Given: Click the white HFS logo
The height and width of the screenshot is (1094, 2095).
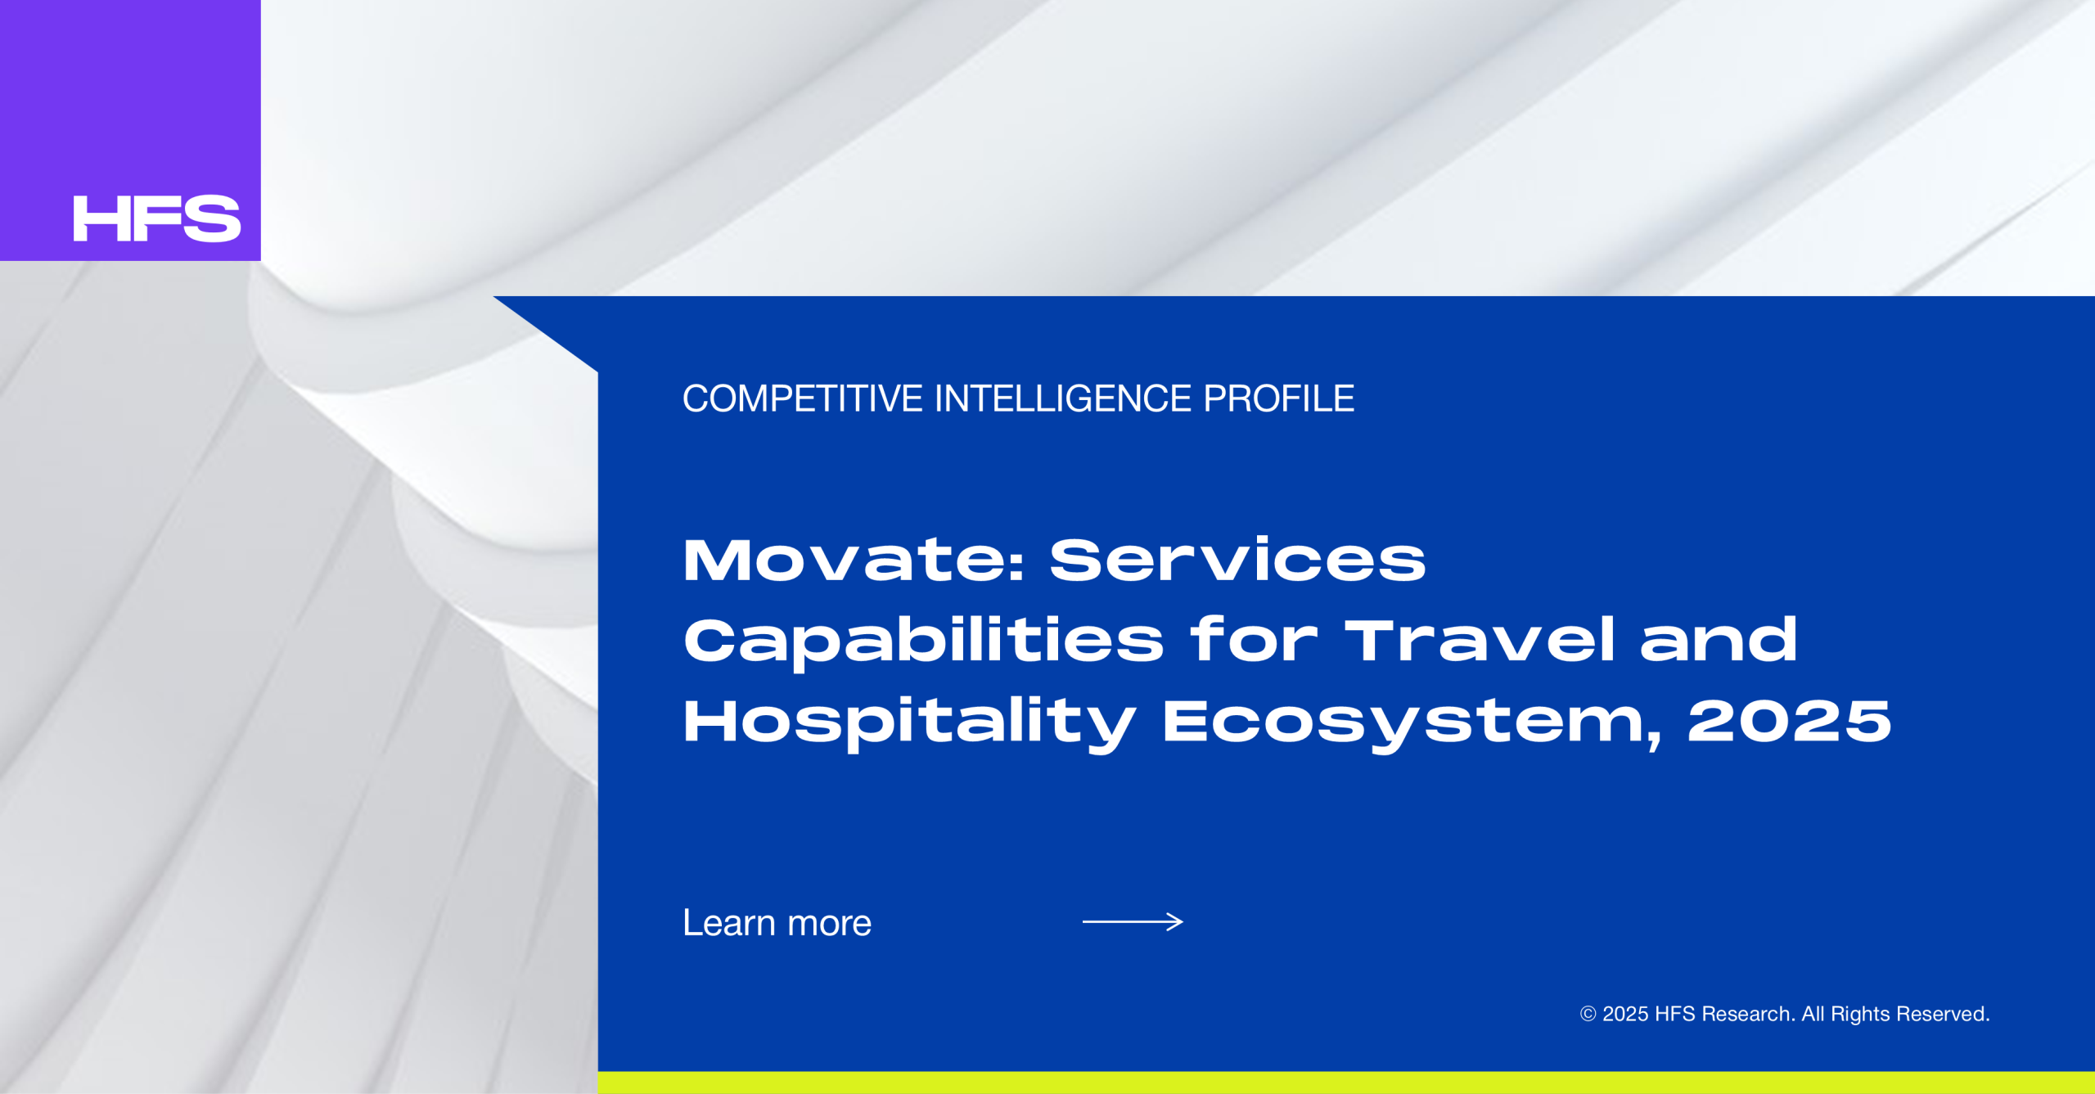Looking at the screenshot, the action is pos(157,218).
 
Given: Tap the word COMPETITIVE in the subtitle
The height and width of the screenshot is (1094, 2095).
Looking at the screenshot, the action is pos(803,399).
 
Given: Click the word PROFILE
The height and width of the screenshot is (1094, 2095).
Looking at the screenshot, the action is pos(1278,399).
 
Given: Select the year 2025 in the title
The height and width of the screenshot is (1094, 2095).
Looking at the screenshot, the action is pos(1789,722).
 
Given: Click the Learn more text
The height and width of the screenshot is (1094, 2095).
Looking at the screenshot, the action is pos(777,923).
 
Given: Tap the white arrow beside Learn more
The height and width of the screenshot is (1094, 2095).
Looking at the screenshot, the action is pos(1133,922).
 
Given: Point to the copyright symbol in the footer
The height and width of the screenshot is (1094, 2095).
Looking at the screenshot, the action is pos(1588,1015).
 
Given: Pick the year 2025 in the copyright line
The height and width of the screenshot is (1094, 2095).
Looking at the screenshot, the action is pos(1625,1015).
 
